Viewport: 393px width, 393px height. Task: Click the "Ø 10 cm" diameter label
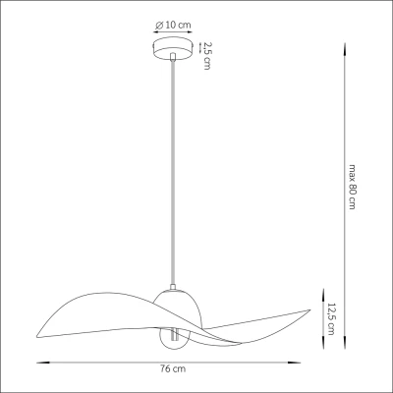173,25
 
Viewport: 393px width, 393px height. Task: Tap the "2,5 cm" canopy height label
207,56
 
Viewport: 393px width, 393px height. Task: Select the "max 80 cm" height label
352,187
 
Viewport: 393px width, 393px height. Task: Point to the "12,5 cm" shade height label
332,318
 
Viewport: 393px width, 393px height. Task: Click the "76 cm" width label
173,369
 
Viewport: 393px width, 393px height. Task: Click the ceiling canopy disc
173,49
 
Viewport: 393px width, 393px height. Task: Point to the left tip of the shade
37,337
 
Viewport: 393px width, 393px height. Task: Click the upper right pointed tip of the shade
309,309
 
